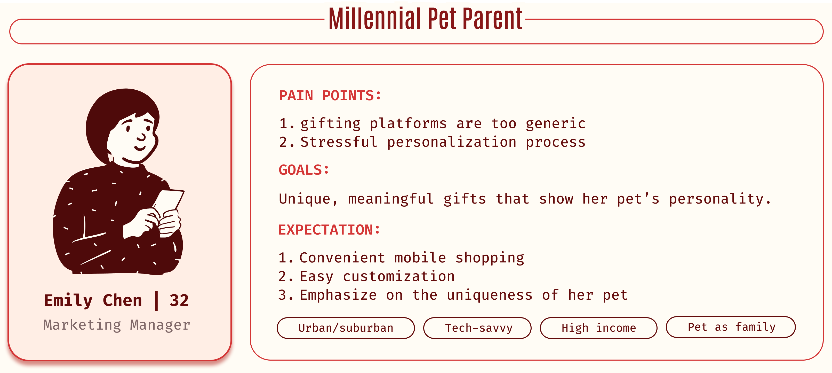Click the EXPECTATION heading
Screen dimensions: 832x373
coord(329,230)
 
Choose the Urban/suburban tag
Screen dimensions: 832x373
coord(346,328)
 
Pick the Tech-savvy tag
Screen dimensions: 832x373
coord(477,328)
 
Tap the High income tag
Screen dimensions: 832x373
coord(598,328)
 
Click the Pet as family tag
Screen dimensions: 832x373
coord(731,327)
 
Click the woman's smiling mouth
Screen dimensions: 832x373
coord(140,148)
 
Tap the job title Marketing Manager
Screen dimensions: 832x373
coord(117,325)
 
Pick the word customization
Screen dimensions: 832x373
coord(398,277)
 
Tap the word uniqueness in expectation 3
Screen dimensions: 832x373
coord(490,295)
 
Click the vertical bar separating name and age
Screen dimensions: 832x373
coord(157,301)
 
